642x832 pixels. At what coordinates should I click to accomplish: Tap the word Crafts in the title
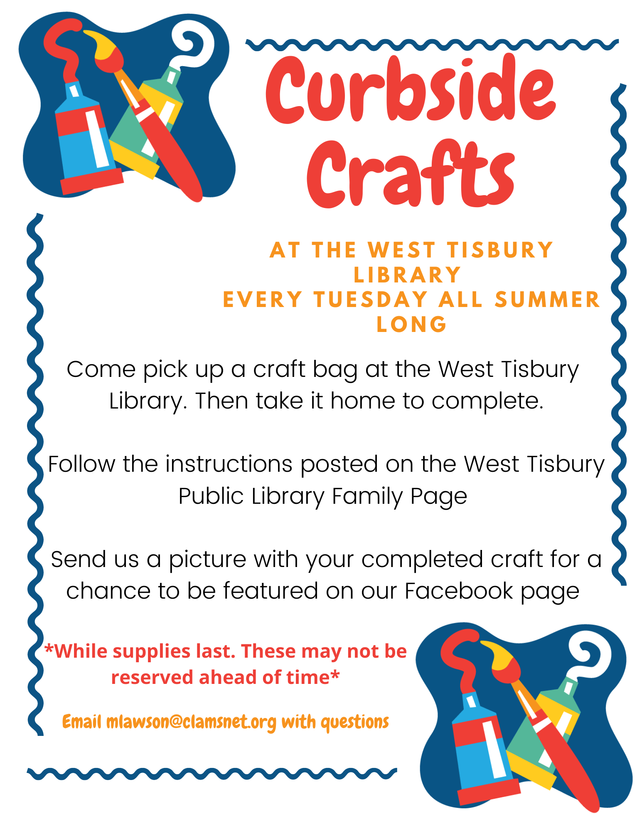411,173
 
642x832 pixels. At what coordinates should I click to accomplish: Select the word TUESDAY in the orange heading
371,300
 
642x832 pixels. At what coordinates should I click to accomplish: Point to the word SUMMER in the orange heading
547,300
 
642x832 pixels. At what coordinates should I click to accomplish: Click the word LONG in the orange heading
411,324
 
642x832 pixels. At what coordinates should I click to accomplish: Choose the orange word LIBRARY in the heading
407,275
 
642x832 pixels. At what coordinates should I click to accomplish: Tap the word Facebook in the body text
459,591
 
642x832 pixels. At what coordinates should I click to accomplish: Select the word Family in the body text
367,496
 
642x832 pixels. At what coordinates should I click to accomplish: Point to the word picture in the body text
207,560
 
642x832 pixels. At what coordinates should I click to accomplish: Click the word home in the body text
362,401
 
